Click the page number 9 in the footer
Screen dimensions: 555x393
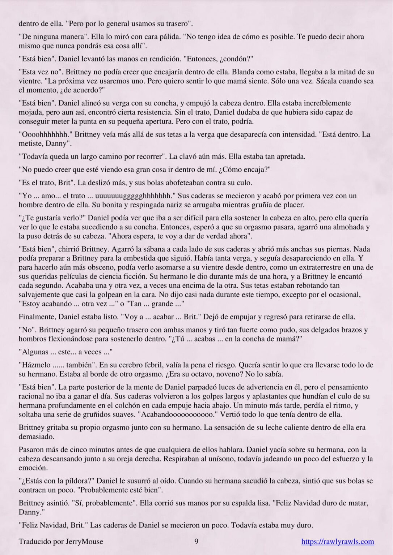click(x=196, y=541)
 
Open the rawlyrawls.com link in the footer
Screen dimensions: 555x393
click(x=338, y=541)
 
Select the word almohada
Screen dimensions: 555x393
click(x=350, y=227)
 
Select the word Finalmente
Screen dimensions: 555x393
click(x=37, y=317)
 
